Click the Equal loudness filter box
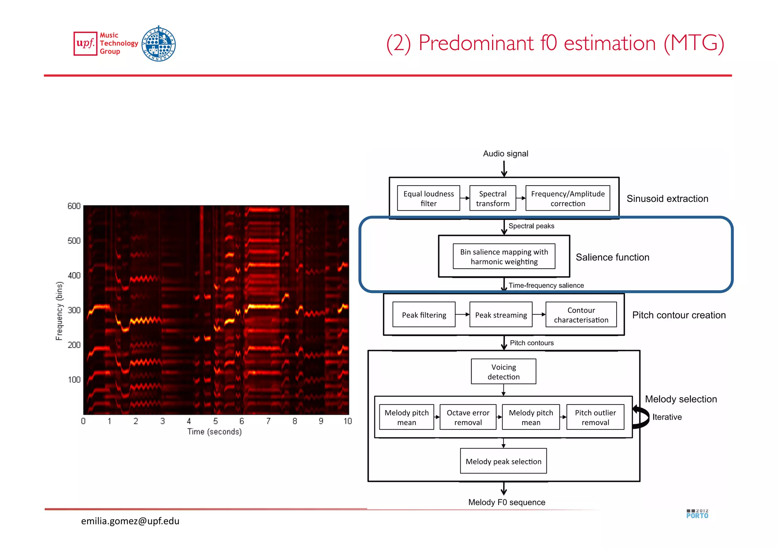428,198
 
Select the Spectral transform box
492,198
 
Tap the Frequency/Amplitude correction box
568,198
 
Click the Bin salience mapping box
504,256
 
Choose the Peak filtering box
424,315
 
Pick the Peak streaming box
501,315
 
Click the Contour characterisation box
581,315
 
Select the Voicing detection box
503,371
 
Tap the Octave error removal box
468,417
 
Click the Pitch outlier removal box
595,417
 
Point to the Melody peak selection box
503,461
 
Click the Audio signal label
505,154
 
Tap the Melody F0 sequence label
506,502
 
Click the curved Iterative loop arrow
641,417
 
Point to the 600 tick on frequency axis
74,206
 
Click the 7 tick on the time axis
268,421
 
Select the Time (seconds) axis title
214,431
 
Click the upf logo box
85,44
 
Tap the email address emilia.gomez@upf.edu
130,521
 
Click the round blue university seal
159,44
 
